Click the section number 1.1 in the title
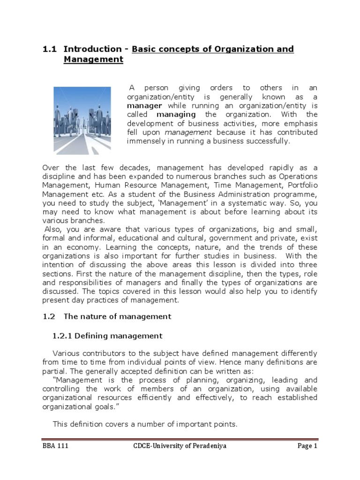pos(49,49)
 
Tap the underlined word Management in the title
pos(93,60)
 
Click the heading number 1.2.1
pos(61,336)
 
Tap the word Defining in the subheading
pos(94,336)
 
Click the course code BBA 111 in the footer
pos(55,446)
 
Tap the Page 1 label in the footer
pos(307,446)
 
